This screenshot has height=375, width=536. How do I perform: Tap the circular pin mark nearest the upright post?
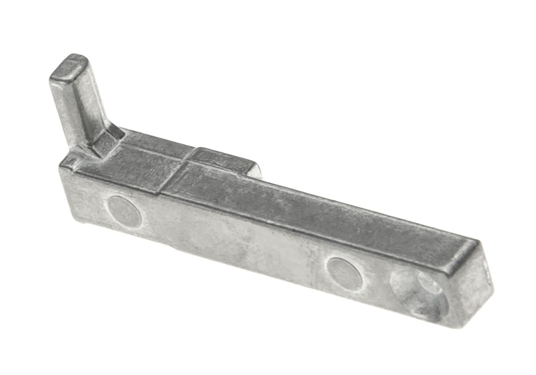(124, 210)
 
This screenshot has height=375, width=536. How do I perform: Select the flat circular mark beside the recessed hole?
(345, 273)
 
